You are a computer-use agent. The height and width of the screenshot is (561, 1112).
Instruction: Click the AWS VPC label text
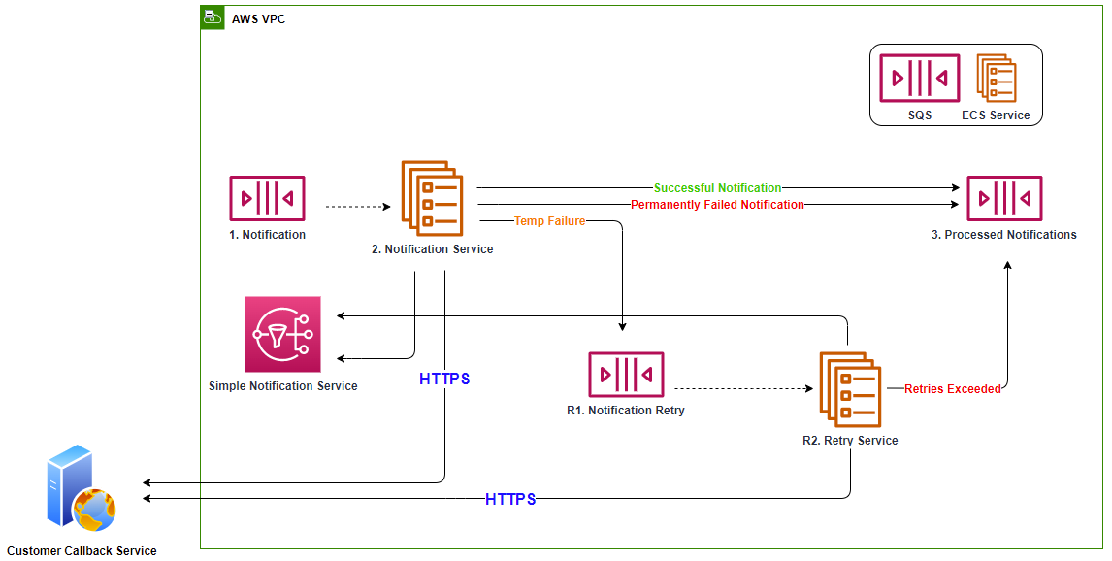[258, 19]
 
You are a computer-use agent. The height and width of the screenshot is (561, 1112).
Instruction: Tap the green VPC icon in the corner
[212, 17]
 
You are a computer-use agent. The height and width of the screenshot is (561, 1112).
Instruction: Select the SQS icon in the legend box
[919, 79]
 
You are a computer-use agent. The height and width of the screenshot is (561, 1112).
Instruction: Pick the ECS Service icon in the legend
[996, 79]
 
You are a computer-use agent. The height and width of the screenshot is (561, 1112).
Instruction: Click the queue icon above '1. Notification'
[267, 199]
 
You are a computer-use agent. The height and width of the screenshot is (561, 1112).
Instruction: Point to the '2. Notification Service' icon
[432, 198]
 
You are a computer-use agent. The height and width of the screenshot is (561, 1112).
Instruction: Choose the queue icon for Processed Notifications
[1004, 199]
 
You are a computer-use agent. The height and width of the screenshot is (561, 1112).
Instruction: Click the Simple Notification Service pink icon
[282, 335]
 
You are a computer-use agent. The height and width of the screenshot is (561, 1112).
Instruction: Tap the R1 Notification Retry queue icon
[626, 376]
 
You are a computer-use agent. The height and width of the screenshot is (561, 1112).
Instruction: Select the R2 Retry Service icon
[850, 390]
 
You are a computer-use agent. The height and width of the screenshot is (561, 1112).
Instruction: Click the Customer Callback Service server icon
[81, 489]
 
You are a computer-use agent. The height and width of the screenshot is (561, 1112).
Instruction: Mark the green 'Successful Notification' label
[717, 188]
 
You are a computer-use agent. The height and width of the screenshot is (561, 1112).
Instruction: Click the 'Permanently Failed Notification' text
[717, 205]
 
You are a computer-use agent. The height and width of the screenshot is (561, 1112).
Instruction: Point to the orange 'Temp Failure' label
[549, 221]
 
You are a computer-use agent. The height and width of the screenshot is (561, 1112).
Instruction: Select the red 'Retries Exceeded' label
[952, 389]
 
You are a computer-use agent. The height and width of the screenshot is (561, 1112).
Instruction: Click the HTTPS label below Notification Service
[444, 379]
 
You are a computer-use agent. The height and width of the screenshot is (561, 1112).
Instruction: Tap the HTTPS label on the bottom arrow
[510, 499]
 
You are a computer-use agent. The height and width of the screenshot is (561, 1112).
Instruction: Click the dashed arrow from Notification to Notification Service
[357, 207]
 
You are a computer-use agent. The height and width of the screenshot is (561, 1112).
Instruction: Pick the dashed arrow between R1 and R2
[742, 389]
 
